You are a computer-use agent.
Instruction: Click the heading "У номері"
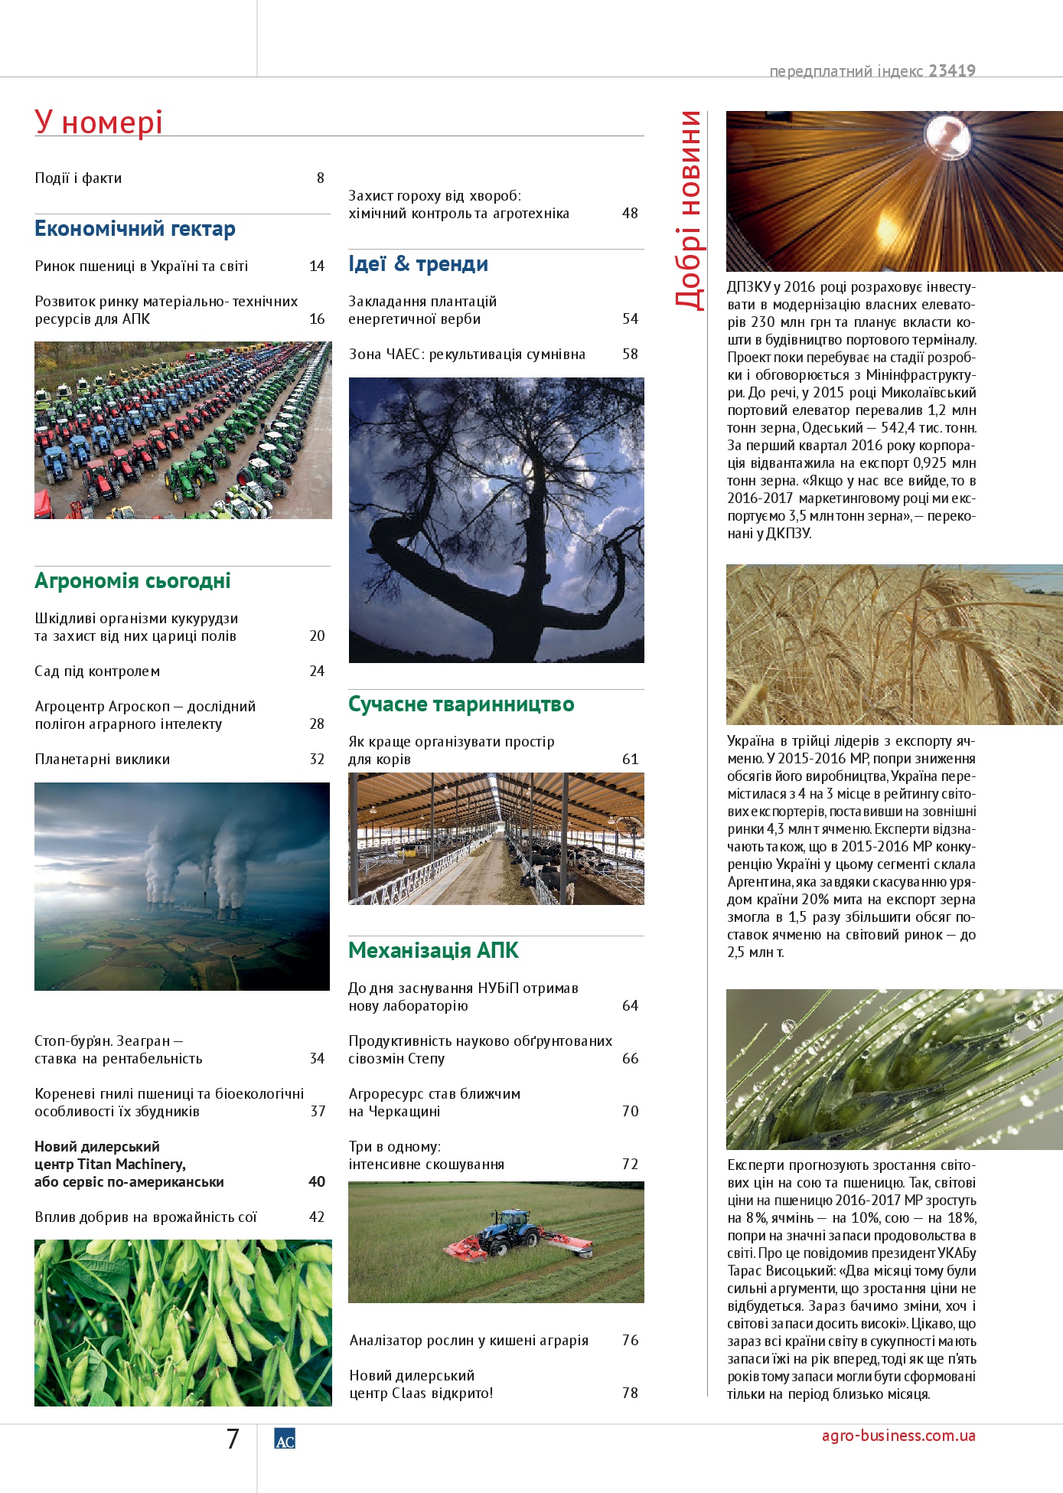[99, 123]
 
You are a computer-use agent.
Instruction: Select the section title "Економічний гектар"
[135, 229]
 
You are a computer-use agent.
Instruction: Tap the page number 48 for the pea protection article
[630, 213]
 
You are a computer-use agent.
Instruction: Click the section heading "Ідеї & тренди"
[418, 264]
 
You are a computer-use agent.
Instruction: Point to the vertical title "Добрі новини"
[689, 210]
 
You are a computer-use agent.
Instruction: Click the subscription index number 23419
[952, 71]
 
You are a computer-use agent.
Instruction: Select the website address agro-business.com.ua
[898, 1436]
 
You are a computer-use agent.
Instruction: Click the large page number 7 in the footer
[233, 1439]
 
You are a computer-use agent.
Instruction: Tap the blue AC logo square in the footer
[285, 1439]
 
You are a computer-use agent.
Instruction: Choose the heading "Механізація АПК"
[433, 951]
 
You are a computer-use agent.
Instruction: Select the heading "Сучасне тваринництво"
[461, 704]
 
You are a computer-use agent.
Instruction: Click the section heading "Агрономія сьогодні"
[132, 581]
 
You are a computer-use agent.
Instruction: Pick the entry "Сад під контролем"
[97, 671]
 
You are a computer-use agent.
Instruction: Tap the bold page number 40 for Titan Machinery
[317, 1181]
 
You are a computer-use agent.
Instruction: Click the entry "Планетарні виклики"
[102, 760]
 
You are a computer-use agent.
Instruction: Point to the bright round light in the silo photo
[947, 136]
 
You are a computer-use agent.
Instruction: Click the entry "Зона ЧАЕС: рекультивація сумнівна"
[467, 354]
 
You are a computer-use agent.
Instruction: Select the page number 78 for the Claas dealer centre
[630, 1393]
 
